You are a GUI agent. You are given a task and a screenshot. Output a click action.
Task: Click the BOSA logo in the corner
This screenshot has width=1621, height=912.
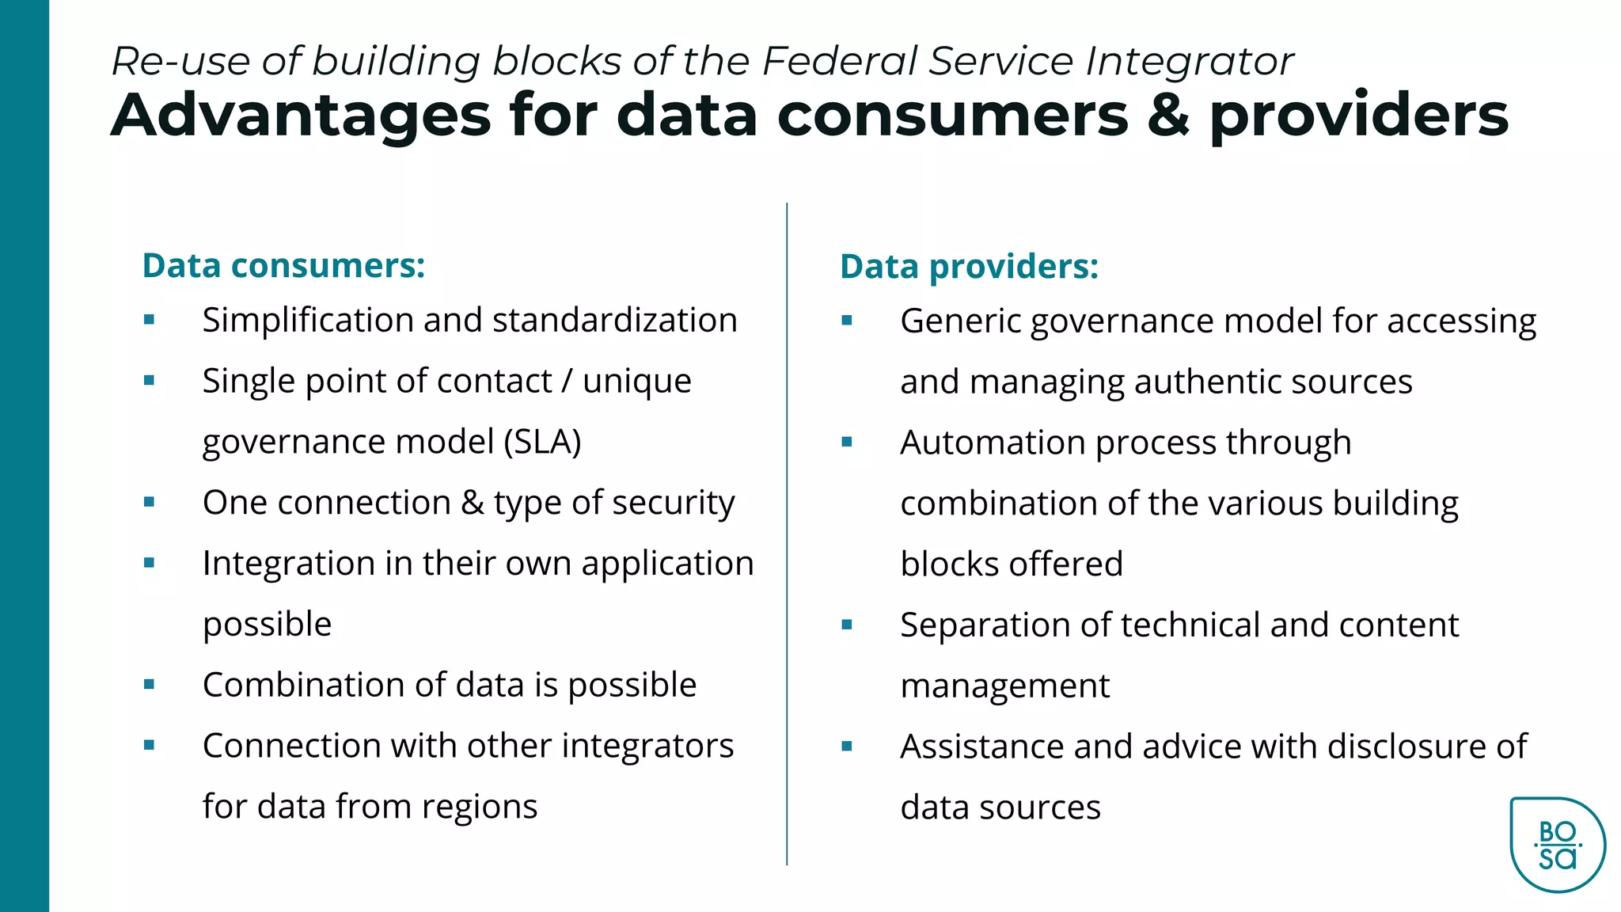click(1557, 845)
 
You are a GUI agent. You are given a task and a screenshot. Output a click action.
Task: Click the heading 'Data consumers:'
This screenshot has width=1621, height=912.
click(283, 266)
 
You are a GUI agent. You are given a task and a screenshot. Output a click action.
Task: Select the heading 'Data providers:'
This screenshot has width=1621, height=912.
click(969, 267)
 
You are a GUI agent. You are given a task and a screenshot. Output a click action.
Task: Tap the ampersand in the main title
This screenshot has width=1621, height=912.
click(1168, 116)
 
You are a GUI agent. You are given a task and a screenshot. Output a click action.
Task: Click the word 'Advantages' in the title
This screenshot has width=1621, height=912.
click(301, 116)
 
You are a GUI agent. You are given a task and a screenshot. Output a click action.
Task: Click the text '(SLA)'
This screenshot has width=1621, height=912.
click(543, 442)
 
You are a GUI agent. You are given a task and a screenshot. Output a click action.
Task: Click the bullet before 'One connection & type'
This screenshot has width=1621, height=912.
click(149, 502)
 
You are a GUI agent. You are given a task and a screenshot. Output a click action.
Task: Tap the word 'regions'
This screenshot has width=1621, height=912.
click(479, 807)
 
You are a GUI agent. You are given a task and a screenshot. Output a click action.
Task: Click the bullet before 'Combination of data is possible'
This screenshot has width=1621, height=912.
click(149, 685)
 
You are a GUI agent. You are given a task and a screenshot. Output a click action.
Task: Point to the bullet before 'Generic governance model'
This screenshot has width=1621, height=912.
click(847, 321)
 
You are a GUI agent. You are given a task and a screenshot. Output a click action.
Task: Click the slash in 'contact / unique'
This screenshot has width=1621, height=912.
click(567, 381)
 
